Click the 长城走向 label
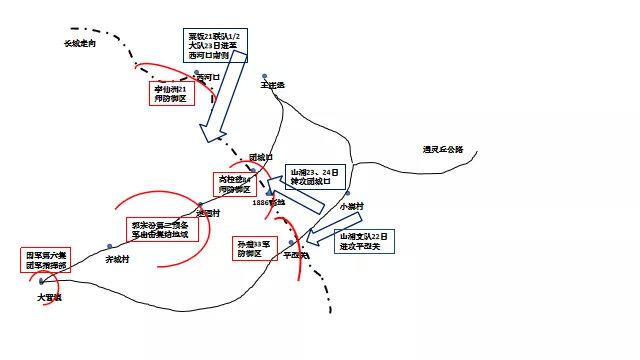tap(84, 44)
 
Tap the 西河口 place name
tap(207, 76)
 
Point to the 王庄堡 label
tap(272, 85)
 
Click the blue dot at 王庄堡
tap(264, 75)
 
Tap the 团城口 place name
tap(261, 156)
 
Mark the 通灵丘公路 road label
tap(443, 150)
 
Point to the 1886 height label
tap(269, 202)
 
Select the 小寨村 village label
tap(350, 206)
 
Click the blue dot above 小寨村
tap(351, 196)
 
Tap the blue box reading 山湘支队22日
tap(366, 240)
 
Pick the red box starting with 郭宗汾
tap(164, 229)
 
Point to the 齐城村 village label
tap(118, 259)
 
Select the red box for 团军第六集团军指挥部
tap(46, 261)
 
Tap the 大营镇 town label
tap(49, 297)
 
